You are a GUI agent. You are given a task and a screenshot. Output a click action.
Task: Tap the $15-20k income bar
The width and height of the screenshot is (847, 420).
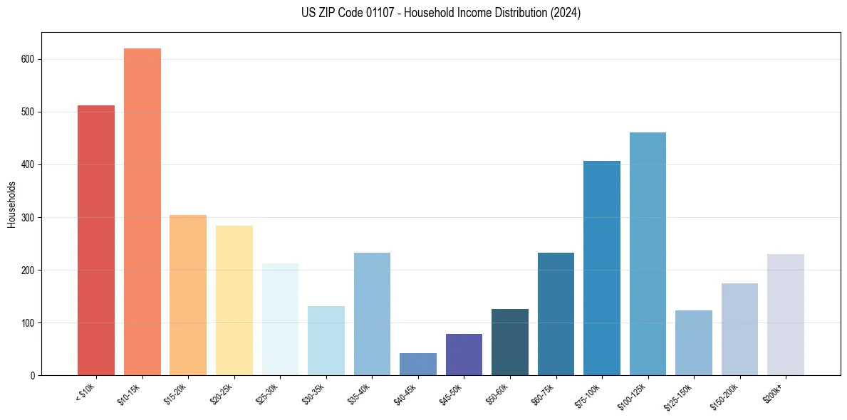(188, 295)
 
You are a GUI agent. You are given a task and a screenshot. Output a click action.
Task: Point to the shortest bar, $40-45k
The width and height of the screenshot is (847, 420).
(418, 364)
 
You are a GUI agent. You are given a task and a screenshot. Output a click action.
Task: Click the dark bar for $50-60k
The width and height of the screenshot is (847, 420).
(510, 342)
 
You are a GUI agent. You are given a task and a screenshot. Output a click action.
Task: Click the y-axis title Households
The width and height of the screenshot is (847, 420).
(11, 204)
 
